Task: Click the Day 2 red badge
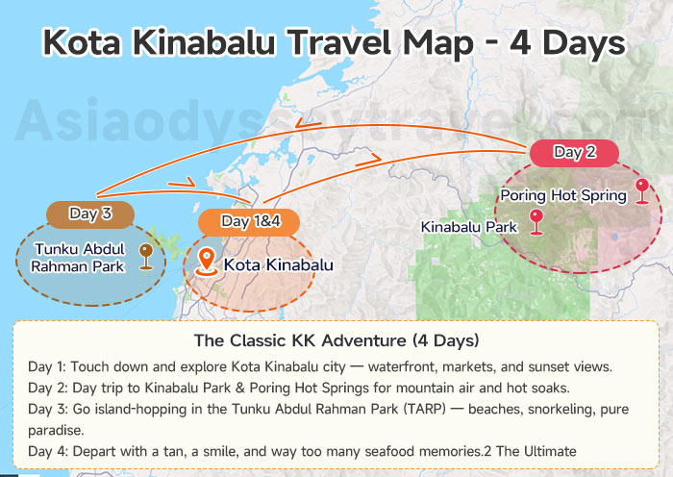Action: (575, 152)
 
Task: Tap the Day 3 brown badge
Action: (89, 213)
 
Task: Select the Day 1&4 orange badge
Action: (249, 222)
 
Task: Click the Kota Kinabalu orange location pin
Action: (206, 263)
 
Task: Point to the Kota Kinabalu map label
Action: (278, 264)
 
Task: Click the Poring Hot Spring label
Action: (563, 196)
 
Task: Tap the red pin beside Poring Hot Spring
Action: (641, 190)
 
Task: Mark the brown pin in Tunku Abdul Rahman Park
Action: (146, 256)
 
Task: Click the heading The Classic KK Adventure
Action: (336, 340)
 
